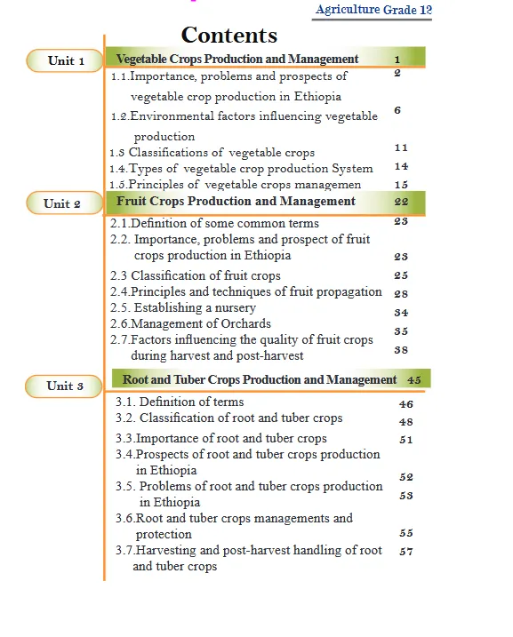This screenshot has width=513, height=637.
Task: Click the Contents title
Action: tap(229, 36)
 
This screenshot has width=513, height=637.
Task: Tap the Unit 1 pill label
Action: tap(67, 61)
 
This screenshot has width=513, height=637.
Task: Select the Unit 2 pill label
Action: tap(62, 203)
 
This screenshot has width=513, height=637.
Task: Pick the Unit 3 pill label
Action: tap(66, 386)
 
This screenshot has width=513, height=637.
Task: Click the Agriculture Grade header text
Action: tap(373, 11)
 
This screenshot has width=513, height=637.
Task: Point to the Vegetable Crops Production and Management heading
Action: tap(237, 60)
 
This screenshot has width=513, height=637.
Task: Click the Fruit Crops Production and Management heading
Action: tap(236, 202)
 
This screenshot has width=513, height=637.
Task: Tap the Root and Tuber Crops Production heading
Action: tap(260, 379)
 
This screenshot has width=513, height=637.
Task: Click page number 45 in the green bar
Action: tap(414, 379)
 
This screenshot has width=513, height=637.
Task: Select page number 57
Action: tap(406, 552)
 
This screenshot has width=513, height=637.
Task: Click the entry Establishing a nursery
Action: tap(183, 307)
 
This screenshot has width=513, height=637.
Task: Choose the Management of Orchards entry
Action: tap(190, 323)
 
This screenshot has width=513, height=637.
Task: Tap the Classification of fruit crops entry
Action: tap(195, 275)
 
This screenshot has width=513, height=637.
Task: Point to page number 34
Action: tap(401, 313)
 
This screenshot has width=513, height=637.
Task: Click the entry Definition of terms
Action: tap(180, 402)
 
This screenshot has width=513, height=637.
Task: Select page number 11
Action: tap(402, 147)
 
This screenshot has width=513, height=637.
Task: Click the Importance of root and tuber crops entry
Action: tap(221, 438)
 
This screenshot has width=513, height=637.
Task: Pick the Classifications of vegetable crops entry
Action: tap(212, 153)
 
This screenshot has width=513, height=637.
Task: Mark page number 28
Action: tap(401, 293)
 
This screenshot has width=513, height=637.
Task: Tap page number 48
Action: tap(406, 422)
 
